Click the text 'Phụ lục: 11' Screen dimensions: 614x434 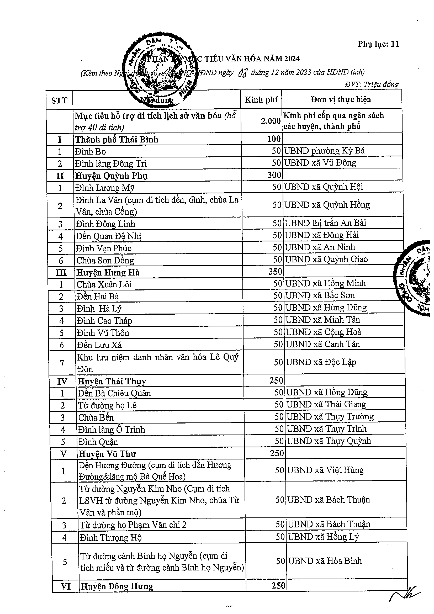(x=378, y=44)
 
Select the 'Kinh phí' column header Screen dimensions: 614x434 (x=261, y=100)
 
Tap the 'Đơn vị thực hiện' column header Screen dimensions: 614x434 (x=341, y=100)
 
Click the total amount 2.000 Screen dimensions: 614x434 (x=271, y=121)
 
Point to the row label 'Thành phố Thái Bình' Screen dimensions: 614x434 (x=117, y=140)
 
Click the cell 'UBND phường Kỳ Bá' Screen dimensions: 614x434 (x=324, y=151)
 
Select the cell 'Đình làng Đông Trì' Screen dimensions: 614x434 (x=111, y=163)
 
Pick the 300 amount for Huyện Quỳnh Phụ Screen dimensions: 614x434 (x=274, y=175)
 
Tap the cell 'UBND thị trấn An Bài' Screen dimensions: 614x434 (x=325, y=223)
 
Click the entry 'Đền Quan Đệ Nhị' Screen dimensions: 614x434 (x=108, y=236)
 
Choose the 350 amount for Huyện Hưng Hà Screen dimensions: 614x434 (x=275, y=272)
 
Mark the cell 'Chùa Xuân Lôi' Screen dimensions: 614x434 (x=104, y=284)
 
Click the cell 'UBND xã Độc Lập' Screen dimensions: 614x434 (x=321, y=362)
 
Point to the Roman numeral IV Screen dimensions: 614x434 (x=62, y=381)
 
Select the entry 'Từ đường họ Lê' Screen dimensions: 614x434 (x=107, y=405)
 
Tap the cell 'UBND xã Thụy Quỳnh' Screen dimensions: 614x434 (x=329, y=441)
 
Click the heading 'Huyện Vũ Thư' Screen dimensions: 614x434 (x=107, y=454)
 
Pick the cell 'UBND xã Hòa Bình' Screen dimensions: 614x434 (x=325, y=561)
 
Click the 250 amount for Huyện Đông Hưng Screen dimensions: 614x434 (x=278, y=586)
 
